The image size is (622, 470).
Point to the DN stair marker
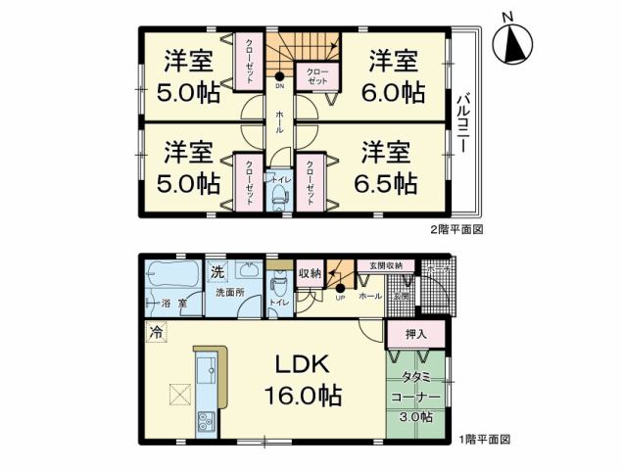279,84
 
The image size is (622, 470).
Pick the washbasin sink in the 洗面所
249,272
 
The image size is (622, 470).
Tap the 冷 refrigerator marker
156,332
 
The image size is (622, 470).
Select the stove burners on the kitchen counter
207,421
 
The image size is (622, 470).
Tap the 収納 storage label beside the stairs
310,273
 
